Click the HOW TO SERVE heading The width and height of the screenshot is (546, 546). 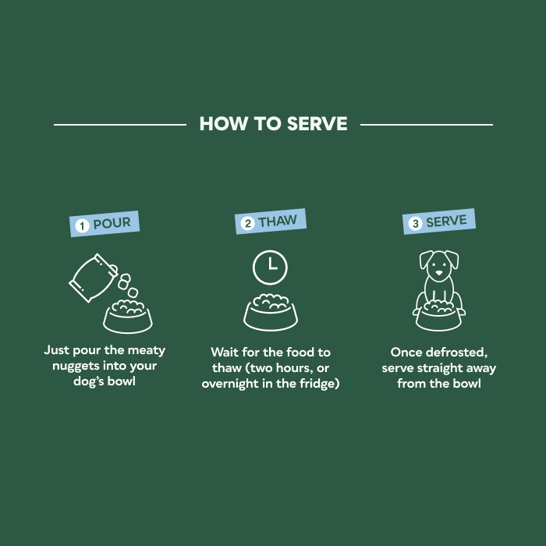(273, 124)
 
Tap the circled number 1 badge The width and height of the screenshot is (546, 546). (82, 226)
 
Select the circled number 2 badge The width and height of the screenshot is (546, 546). (248, 224)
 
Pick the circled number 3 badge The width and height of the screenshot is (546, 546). (416, 224)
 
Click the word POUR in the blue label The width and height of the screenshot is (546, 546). (112, 224)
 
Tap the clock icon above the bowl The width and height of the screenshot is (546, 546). (269, 266)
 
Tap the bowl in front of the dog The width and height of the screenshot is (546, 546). (438, 315)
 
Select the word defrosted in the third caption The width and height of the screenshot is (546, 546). (453, 353)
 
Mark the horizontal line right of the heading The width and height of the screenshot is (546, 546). (427, 124)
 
